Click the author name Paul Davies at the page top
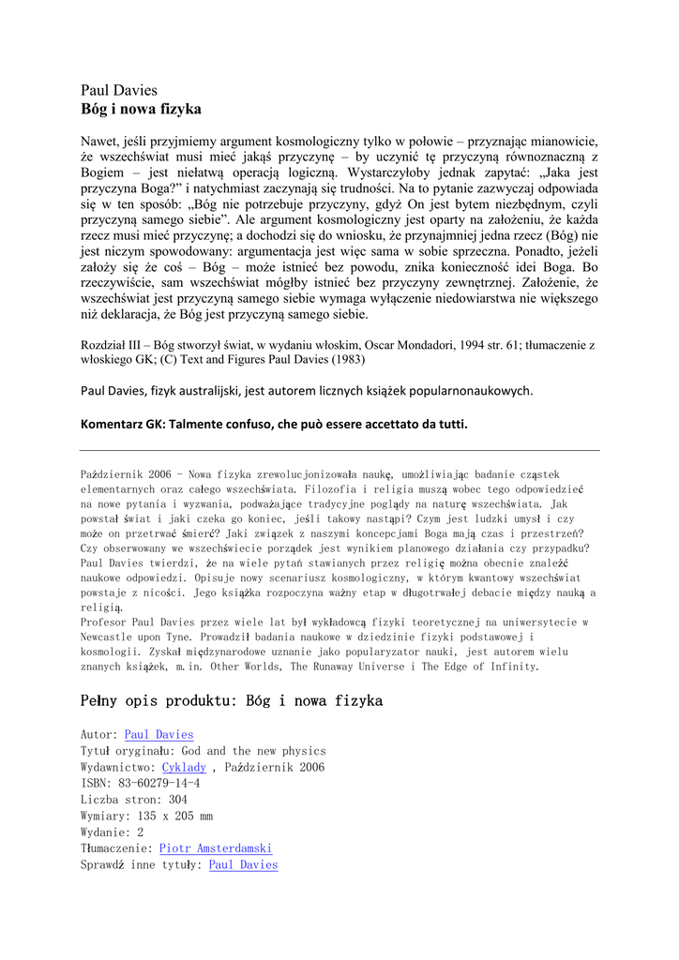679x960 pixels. point(119,91)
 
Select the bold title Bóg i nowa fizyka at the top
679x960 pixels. point(141,109)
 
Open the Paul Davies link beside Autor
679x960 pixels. point(158,735)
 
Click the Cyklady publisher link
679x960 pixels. point(184,767)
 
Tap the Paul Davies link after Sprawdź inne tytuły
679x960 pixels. point(243,864)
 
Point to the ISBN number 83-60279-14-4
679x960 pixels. point(158,784)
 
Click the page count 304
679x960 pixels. point(177,800)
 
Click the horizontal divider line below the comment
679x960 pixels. point(339,451)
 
